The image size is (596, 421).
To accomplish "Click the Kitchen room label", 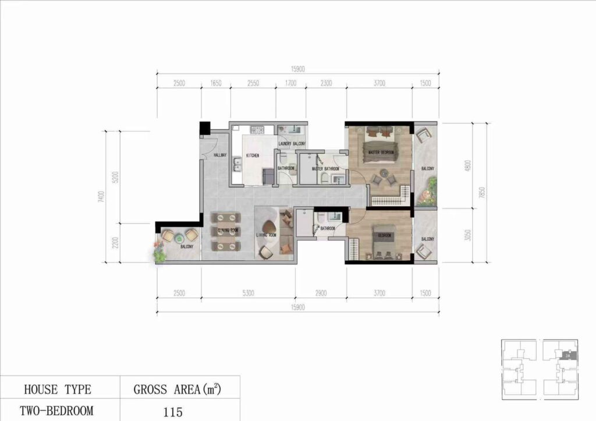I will click(252, 155).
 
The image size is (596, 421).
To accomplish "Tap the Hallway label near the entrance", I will click(220, 155).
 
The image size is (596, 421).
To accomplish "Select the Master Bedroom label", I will click(381, 153).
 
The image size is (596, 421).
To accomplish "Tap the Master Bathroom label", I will click(325, 169).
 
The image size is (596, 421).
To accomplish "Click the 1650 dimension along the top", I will click(215, 84).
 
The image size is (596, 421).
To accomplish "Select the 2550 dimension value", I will click(253, 84).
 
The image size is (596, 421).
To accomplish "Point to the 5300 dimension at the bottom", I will click(247, 293).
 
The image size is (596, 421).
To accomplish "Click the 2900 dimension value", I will click(320, 293).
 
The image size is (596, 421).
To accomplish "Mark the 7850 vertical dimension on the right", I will click(492, 192).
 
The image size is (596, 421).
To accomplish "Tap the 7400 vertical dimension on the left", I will click(102, 197).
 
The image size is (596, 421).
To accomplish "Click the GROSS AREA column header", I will click(178, 388).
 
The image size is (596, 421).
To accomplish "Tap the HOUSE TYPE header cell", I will click(57, 389).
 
